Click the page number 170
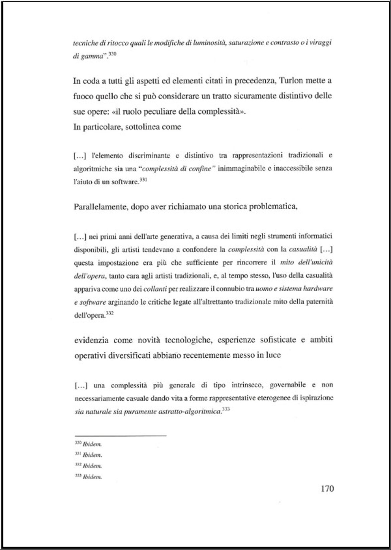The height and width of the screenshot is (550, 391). [x=327, y=489]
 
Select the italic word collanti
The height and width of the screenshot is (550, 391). [x=155, y=289]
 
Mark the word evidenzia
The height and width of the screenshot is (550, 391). [x=91, y=340]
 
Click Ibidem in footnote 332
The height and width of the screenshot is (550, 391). [x=93, y=466]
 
